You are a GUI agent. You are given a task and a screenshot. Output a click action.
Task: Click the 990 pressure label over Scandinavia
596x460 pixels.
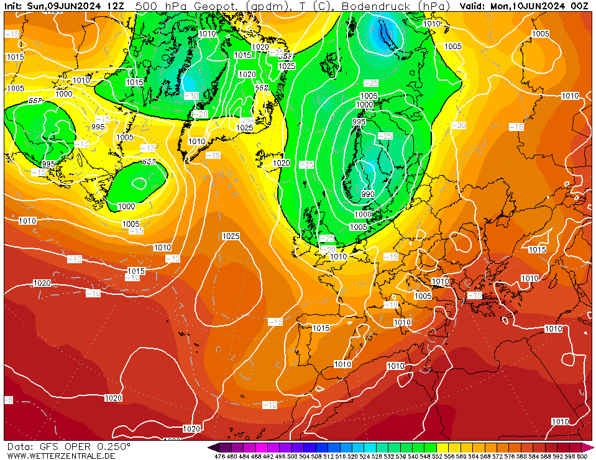(368, 194)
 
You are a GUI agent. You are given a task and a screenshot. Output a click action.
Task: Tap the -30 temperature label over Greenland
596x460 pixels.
(191, 96)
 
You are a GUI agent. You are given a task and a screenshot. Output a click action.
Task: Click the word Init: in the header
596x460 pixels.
(14, 6)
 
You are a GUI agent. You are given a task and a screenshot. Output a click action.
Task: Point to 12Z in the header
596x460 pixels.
(116, 6)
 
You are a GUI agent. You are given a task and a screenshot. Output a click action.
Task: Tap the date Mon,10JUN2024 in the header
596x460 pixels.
(530, 6)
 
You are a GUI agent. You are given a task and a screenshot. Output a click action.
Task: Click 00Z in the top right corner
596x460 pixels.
(579, 6)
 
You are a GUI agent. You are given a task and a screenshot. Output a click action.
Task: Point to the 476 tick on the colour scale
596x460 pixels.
(219, 456)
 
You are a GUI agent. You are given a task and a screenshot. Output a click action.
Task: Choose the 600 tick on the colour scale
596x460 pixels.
(582, 456)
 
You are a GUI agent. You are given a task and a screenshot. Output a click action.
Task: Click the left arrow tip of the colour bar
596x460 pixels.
(211, 447)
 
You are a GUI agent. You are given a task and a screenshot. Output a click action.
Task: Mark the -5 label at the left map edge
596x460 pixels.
(8, 400)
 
